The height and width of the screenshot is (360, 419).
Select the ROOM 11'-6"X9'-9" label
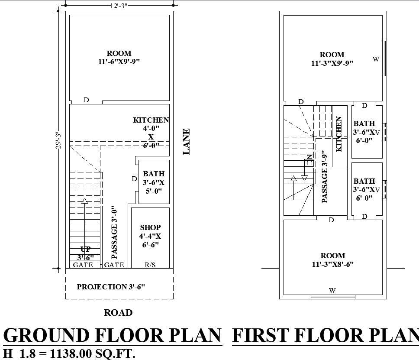119,58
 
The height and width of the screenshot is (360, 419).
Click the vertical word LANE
187,142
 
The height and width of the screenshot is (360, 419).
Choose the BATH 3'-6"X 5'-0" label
154,182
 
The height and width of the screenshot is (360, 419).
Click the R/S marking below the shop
150,265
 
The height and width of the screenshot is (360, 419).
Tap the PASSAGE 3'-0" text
114,232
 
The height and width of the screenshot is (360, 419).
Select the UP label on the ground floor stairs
85,249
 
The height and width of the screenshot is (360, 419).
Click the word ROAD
118,312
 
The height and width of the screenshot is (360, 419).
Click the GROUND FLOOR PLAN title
112,335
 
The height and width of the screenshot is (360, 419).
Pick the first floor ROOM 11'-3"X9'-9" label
332,59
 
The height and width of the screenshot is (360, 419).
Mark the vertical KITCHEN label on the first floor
339,134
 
